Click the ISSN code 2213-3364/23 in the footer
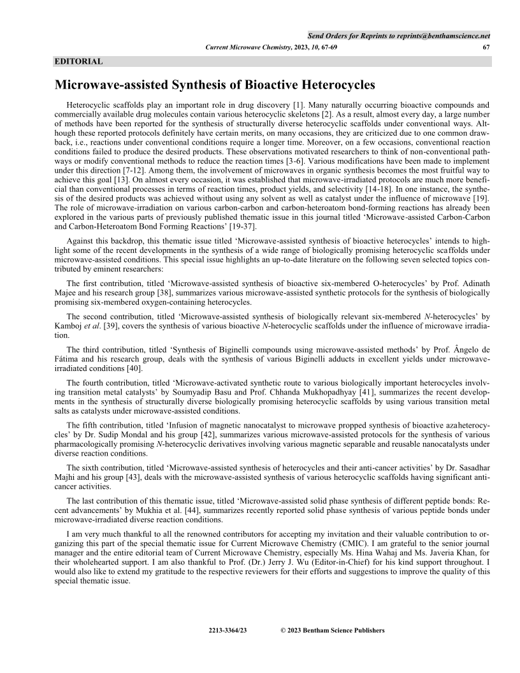tap(227, 631)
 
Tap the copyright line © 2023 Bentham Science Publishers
tap(333, 631)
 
